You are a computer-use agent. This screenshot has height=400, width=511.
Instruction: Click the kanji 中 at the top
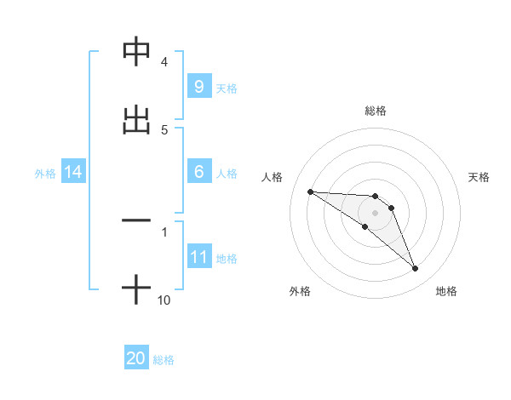[x=136, y=53]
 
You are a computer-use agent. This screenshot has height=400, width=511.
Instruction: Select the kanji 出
[x=136, y=119]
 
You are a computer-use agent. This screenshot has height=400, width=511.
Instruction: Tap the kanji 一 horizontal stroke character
[x=136, y=220]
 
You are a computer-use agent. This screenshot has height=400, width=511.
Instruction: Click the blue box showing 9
[x=198, y=86]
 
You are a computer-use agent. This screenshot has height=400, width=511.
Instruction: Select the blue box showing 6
[x=198, y=172]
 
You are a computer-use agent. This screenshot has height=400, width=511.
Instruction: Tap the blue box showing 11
[x=198, y=257]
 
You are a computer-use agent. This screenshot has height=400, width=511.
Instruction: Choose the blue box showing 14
[x=72, y=172]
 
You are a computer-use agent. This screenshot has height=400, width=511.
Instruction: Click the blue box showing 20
[x=136, y=359]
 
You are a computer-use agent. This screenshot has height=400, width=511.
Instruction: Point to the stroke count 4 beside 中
[x=164, y=62]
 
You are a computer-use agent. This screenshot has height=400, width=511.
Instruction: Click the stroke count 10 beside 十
[x=164, y=300]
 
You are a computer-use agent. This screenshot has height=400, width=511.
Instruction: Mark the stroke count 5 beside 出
[x=164, y=129]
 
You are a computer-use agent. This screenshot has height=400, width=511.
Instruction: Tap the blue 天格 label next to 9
[x=227, y=88]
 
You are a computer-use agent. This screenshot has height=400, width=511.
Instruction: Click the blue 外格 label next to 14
[x=45, y=173]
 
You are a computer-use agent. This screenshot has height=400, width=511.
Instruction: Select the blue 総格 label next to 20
[x=164, y=360]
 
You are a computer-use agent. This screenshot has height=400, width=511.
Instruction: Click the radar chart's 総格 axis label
[x=375, y=111]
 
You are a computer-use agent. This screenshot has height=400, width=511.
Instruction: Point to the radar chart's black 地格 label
[x=446, y=291]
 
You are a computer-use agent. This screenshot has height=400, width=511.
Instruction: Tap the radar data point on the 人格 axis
[x=310, y=191]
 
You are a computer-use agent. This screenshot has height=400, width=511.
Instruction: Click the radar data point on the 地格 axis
[x=416, y=269]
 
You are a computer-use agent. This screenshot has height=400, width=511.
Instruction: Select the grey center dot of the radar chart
[x=375, y=212]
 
